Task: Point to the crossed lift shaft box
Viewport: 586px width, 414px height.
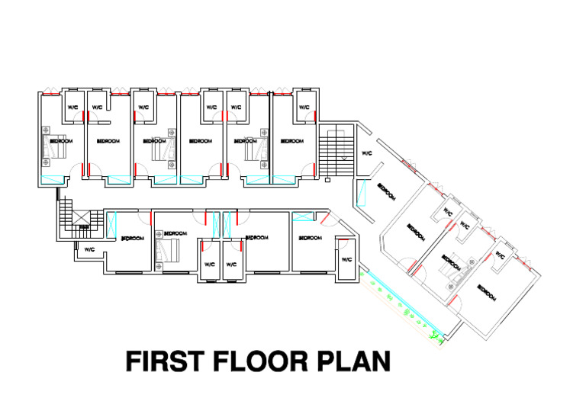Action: (x=83, y=226)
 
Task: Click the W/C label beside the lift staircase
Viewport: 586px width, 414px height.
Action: (x=89, y=249)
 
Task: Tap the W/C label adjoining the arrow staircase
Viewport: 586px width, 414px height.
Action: (x=366, y=153)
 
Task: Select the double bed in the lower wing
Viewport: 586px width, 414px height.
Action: (x=167, y=249)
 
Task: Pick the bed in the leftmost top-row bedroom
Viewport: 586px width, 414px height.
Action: (x=47, y=143)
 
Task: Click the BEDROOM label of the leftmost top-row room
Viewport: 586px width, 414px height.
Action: (x=62, y=141)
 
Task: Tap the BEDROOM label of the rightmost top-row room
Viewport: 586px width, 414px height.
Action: (x=291, y=141)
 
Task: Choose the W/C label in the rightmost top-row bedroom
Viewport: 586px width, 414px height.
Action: (x=304, y=108)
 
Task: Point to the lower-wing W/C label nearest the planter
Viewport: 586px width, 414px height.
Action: (x=346, y=260)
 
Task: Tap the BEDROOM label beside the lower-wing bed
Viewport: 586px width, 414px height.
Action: (x=175, y=233)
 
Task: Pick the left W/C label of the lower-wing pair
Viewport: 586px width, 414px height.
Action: (x=209, y=264)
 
